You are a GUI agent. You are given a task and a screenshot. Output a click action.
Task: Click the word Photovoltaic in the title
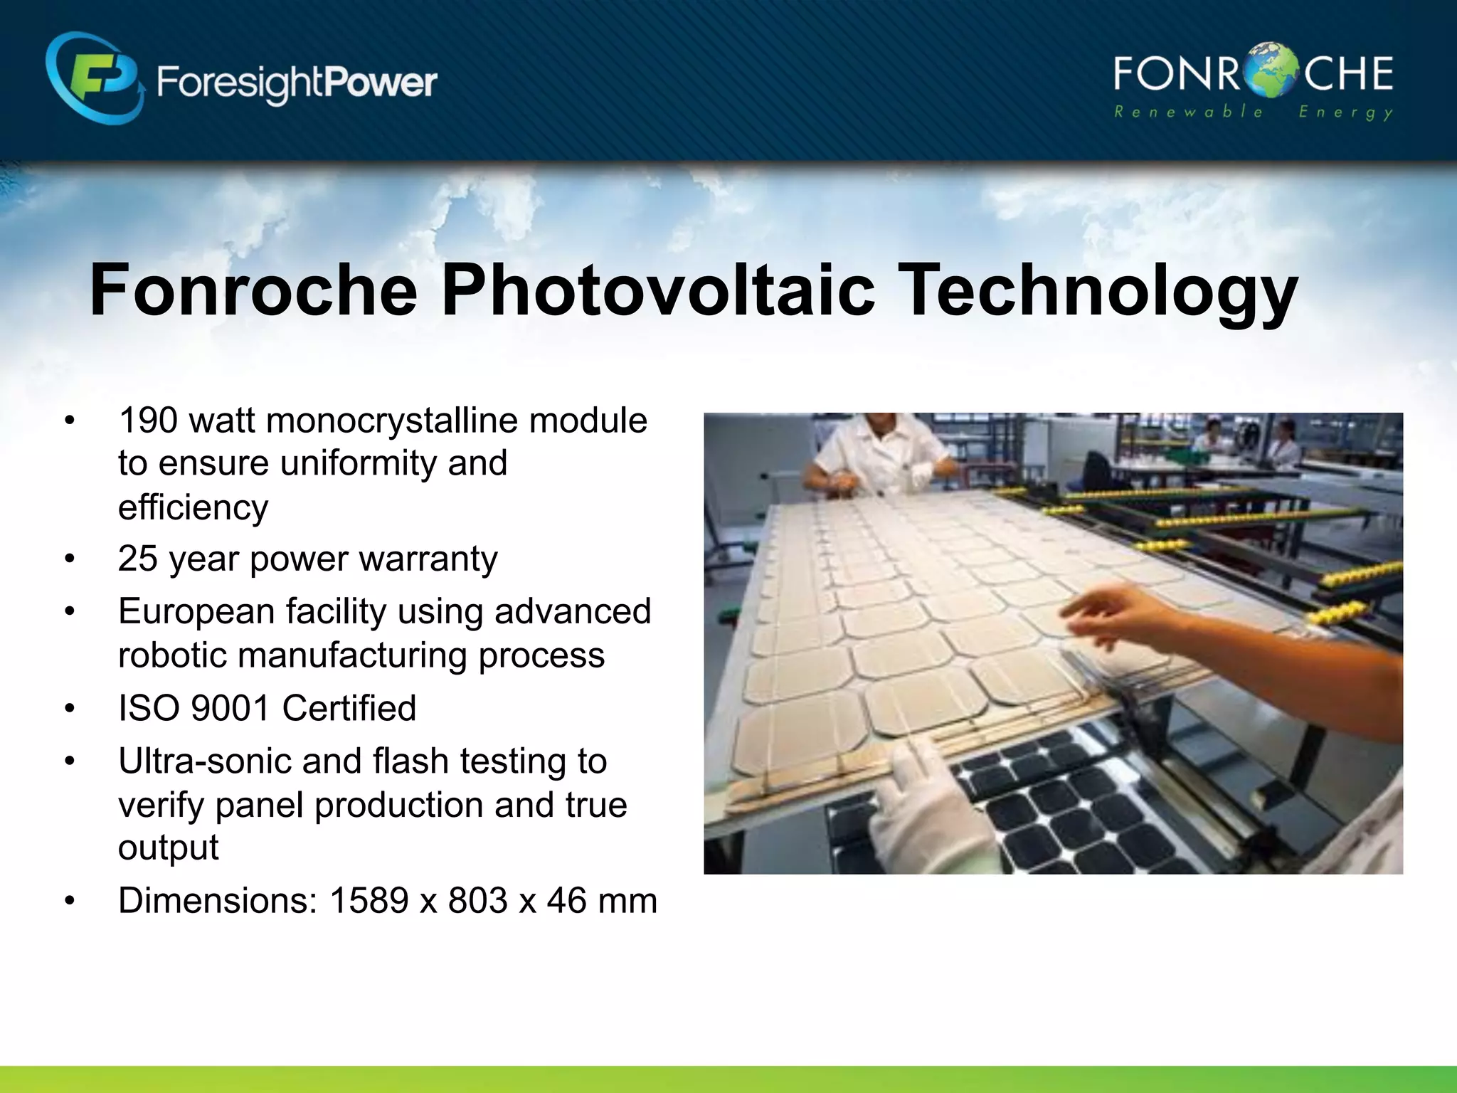(x=657, y=290)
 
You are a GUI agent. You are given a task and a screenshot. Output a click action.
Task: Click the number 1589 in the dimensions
(x=369, y=901)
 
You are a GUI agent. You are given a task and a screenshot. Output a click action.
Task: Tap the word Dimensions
(x=217, y=901)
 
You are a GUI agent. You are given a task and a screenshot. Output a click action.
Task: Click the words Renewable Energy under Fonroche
(x=1252, y=112)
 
